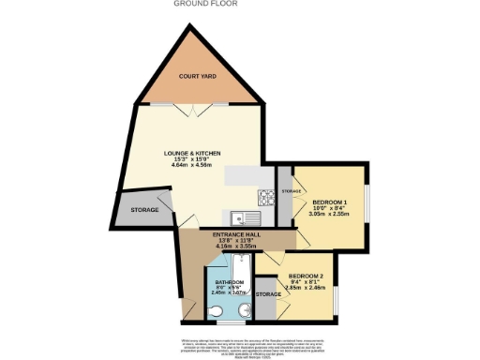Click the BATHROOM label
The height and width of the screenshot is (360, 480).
[230, 282]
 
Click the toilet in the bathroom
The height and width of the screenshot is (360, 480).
[217, 311]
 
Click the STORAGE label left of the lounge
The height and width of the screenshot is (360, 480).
[144, 210]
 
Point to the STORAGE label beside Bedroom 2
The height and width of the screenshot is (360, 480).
[269, 295]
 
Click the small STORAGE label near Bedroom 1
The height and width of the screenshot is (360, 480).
[292, 190]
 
